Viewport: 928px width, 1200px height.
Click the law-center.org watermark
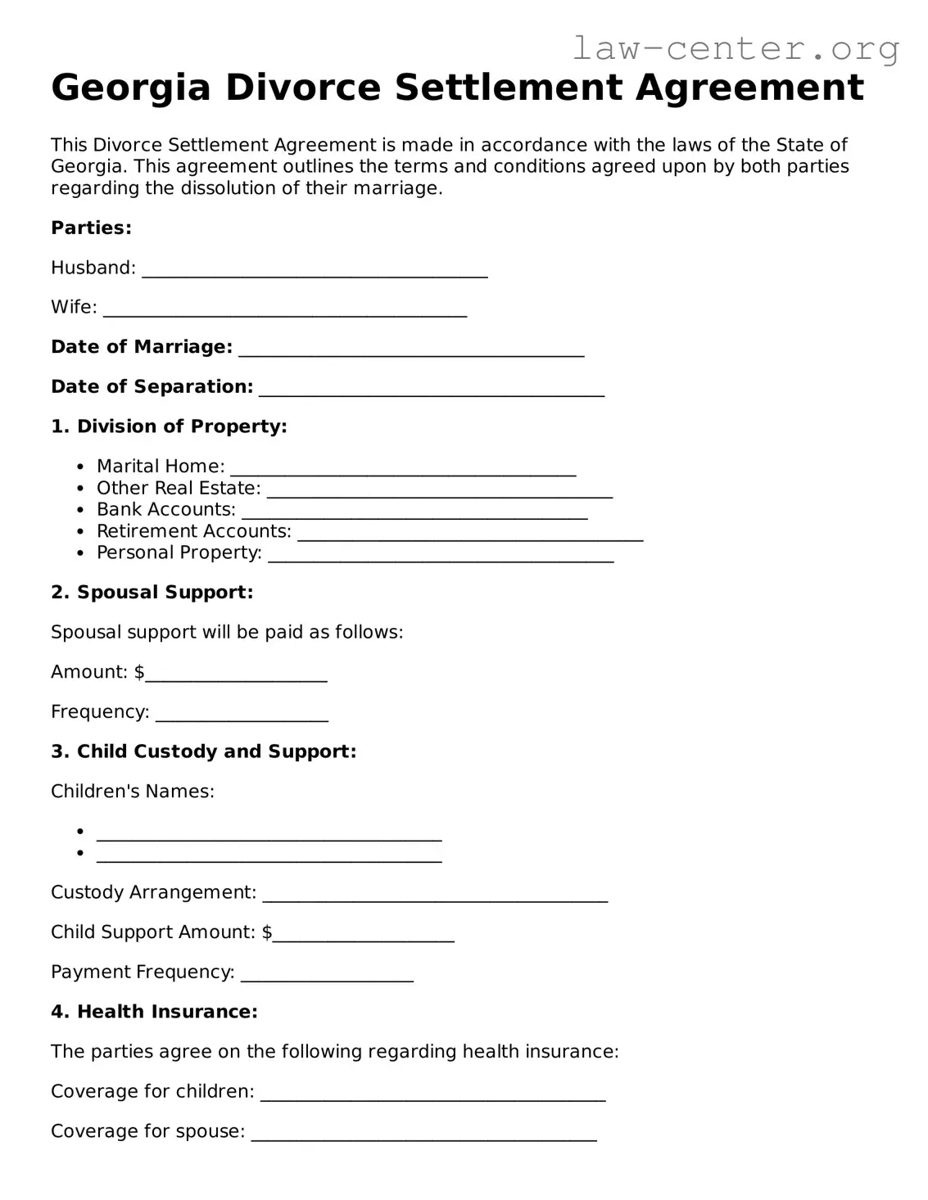(735, 49)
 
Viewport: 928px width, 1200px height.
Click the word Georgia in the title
(131, 88)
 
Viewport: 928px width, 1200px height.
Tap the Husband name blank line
(315, 272)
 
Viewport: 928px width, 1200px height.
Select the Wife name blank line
(285, 311)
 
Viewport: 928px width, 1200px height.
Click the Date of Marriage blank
(411, 351)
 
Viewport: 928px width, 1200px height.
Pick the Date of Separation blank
(432, 390)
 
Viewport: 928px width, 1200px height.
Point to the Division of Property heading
(169, 426)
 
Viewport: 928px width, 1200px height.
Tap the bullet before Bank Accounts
(80, 510)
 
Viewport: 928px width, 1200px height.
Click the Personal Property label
(179, 553)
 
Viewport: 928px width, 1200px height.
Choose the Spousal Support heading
(152, 593)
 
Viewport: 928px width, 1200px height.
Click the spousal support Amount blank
(236, 676)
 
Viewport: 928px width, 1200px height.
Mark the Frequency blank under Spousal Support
(242, 716)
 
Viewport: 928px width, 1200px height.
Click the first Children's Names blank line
(269, 836)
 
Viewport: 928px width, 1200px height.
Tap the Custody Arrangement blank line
(435, 896)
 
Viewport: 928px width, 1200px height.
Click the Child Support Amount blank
(363, 936)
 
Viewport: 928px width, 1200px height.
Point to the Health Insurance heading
(154, 1013)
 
